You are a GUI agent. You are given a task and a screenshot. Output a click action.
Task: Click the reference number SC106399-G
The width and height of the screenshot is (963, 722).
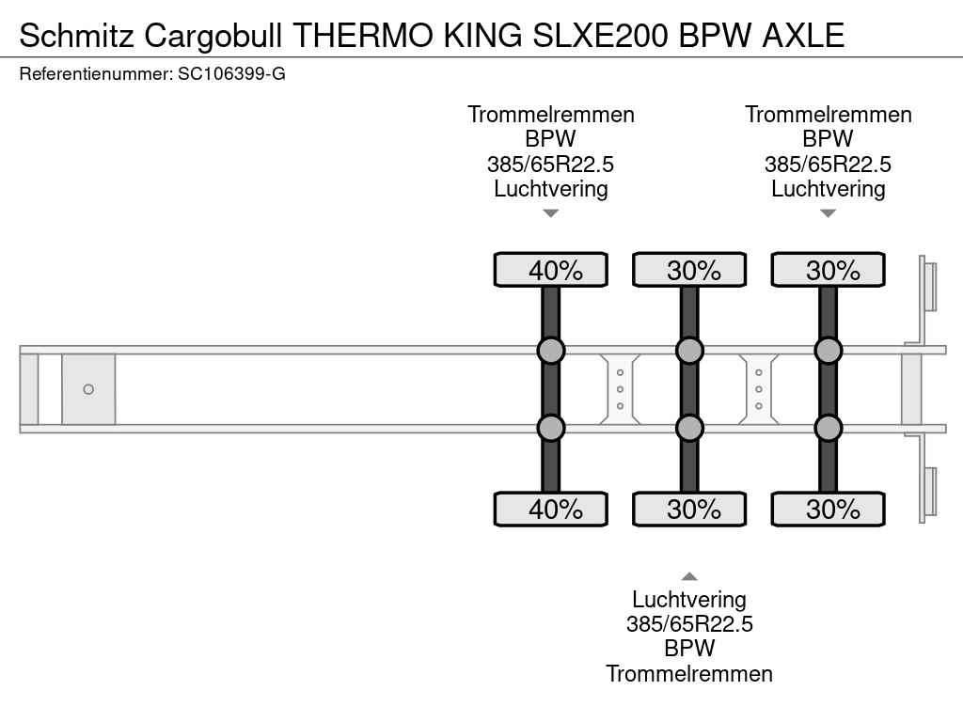pos(231,74)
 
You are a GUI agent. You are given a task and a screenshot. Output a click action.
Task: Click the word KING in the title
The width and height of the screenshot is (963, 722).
pos(482,35)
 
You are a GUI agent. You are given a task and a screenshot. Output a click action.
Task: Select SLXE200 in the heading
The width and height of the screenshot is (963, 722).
pos(600,35)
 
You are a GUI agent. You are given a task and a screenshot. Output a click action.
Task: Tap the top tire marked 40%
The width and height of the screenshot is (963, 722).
pos(551,270)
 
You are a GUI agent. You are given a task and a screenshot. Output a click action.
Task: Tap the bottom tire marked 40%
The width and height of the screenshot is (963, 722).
pos(551,509)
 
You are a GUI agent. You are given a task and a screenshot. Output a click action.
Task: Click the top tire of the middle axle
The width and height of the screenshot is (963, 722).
pos(689,270)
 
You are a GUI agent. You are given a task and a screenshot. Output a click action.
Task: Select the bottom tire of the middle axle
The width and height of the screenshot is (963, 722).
pos(689,509)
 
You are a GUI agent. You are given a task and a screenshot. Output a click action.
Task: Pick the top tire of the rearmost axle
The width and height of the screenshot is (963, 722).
pos(828,270)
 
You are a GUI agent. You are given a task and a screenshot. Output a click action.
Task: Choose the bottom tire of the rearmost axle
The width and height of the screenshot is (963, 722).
pos(828,509)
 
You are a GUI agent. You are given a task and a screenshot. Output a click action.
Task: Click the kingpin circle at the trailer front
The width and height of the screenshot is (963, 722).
pos(88,389)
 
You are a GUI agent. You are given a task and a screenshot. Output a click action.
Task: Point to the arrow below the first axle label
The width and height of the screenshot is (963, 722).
pos(551,213)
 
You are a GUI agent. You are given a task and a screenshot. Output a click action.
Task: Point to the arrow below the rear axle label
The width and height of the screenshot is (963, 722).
pos(828,213)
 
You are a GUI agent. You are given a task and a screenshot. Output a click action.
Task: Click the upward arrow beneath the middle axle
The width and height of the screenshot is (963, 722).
pos(689,576)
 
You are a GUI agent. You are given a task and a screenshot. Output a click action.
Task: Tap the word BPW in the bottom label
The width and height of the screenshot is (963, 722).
pos(689,649)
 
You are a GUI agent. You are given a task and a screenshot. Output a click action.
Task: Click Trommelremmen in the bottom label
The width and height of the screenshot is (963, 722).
pos(689,673)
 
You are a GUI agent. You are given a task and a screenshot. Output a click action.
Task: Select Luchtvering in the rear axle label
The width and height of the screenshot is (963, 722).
pos(828,188)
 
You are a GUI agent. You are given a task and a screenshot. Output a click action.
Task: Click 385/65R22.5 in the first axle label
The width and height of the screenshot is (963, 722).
pos(551,164)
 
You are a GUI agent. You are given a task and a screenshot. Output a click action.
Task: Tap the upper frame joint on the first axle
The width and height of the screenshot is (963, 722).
pos(551,351)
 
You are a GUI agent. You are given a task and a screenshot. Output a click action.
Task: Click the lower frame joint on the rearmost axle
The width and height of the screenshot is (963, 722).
pos(828,428)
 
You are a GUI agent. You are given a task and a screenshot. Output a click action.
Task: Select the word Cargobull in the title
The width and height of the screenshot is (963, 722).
pos(213,35)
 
